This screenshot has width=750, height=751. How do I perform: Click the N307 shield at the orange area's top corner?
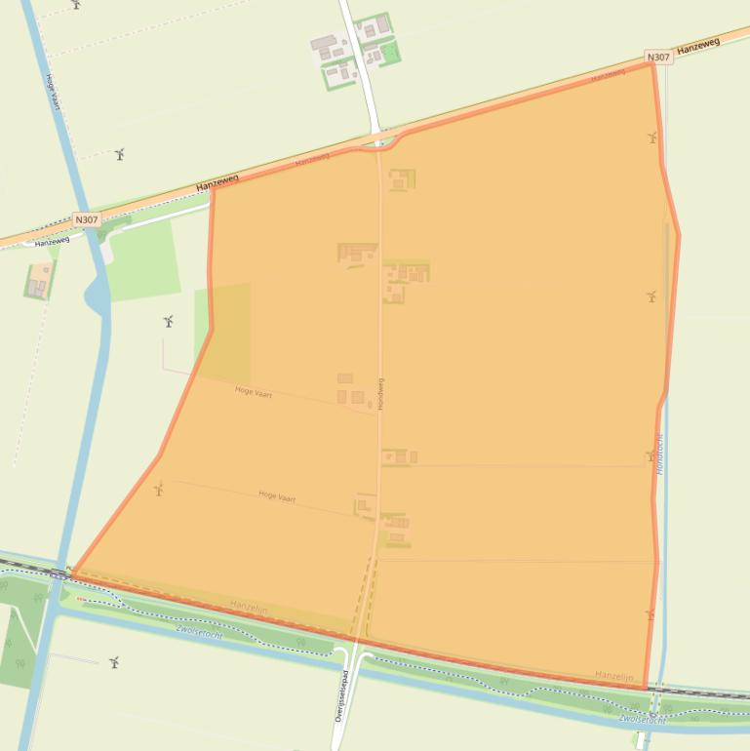pos(659,58)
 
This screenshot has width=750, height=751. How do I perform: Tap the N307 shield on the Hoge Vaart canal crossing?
pos(87,220)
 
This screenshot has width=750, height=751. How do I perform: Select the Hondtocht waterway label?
pos(660,455)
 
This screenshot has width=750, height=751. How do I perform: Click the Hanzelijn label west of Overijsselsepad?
pos(249,607)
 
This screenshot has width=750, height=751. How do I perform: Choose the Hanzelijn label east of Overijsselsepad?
pos(614,676)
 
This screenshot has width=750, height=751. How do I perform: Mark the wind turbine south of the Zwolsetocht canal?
pos(114,662)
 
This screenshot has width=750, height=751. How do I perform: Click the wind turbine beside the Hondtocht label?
pos(651,455)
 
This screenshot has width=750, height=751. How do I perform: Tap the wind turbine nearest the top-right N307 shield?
pos(651,138)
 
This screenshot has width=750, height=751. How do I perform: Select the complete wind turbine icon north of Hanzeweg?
pos(120,154)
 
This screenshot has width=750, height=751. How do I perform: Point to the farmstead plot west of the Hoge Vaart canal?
pos(39,281)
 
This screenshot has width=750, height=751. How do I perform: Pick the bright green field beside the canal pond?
pos(142,259)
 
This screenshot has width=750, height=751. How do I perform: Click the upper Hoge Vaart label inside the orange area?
pos(254,393)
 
